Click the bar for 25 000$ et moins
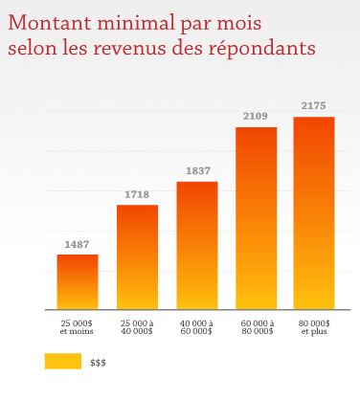(78, 281)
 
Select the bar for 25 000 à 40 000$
(137, 256)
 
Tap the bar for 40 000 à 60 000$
(197, 245)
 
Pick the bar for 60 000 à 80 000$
(257, 218)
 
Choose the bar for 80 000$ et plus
(314, 212)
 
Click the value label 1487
(78, 245)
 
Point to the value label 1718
(137, 195)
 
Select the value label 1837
(197, 171)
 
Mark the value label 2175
(314, 107)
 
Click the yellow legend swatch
(62, 362)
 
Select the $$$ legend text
(98, 363)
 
